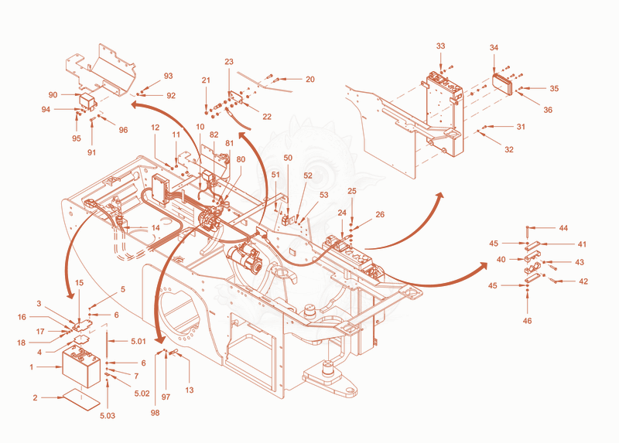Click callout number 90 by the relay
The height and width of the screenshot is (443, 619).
tap(53, 94)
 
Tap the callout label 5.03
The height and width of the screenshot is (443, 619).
tap(108, 415)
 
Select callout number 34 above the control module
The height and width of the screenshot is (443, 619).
tap(494, 47)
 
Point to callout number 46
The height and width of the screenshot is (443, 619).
tap(528, 321)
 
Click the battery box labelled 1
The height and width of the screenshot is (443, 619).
tap(81, 366)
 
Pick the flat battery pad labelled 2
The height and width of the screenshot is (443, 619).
tap(82, 399)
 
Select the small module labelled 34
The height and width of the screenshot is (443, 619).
tap(502, 83)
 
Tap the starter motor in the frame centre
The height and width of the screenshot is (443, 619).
tap(244, 257)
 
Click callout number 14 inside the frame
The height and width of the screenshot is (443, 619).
tap(156, 227)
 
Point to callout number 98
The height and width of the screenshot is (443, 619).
tap(156, 412)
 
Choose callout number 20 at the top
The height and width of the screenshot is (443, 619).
tap(310, 80)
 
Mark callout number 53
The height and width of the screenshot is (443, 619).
tap(323, 195)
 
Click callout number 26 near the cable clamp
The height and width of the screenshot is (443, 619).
tap(380, 214)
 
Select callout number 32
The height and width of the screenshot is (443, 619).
tap(509, 149)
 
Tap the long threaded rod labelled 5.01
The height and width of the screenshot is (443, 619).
tap(107, 341)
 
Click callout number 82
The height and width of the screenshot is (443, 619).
tap(214, 135)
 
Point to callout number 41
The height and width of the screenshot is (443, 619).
tap(583, 244)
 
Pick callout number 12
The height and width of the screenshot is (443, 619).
tap(156, 128)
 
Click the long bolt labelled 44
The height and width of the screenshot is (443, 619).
tap(528, 232)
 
